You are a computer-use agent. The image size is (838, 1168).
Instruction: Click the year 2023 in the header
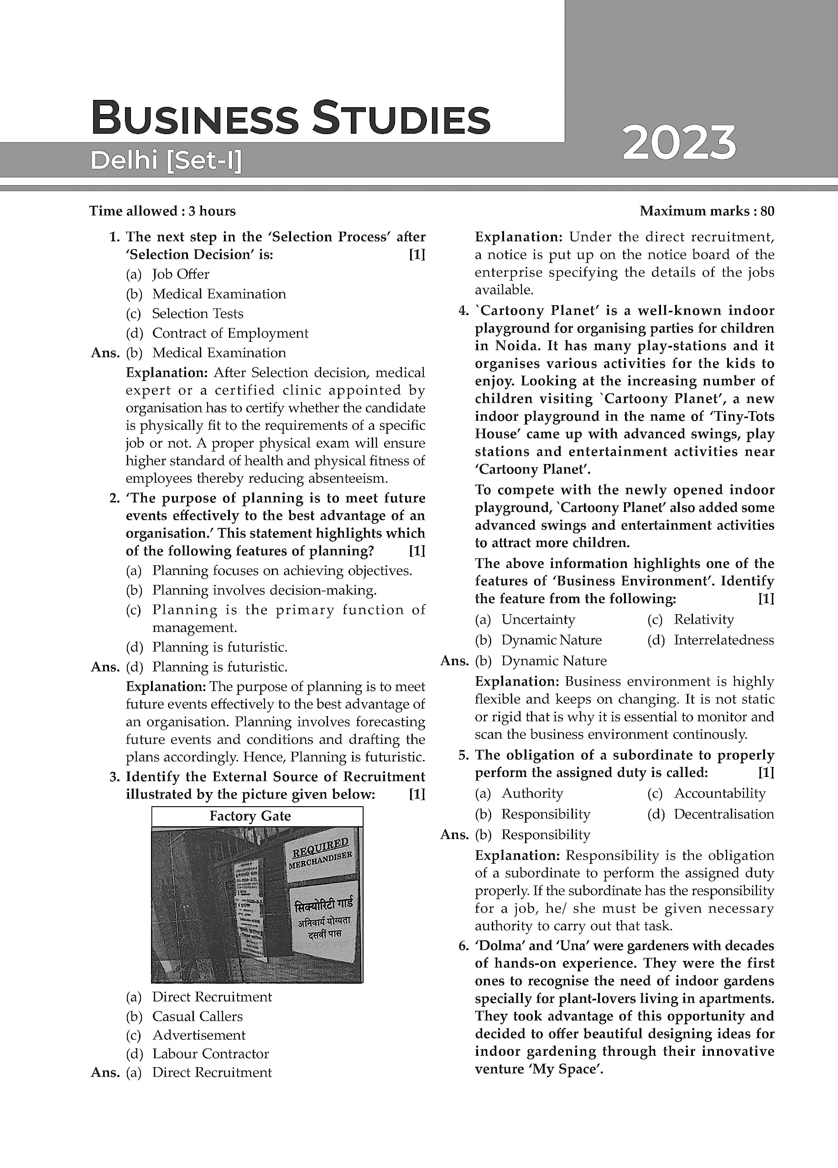point(679,144)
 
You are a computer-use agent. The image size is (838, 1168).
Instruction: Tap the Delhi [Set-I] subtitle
point(166,161)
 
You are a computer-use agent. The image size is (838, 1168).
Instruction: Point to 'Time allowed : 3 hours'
point(162,211)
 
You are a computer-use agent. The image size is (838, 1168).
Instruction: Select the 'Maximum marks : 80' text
point(707,211)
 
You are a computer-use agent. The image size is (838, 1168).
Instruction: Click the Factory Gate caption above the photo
point(250,816)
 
